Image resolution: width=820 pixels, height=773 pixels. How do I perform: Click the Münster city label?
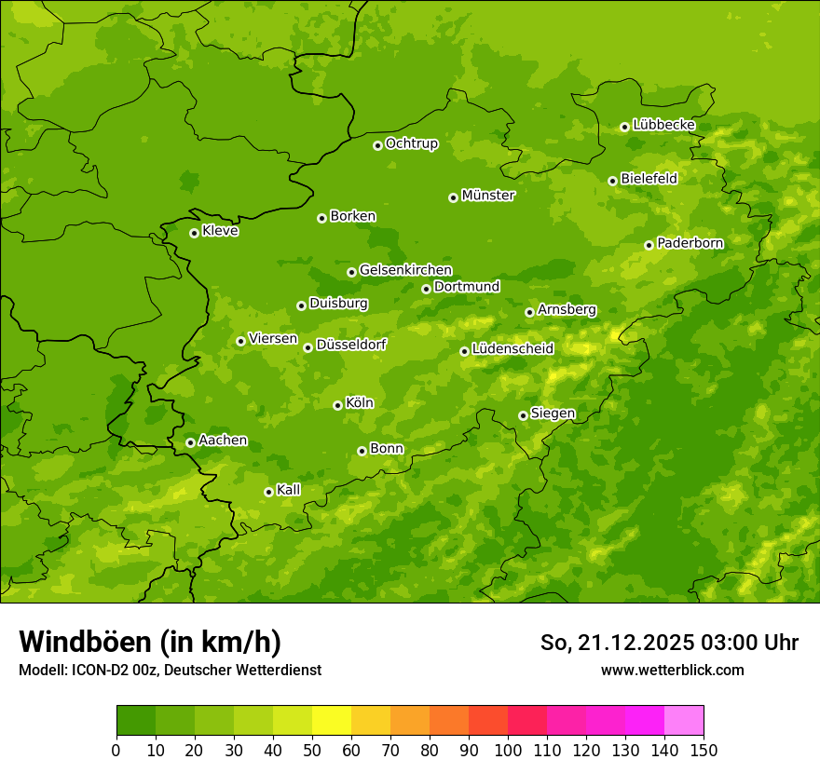(488, 196)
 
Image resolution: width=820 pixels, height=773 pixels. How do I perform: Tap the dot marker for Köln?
(337, 405)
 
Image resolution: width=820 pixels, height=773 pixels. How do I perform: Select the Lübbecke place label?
(663, 125)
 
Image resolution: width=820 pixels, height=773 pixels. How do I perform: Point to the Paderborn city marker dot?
(649, 245)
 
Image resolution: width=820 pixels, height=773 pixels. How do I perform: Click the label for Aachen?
(223, 441)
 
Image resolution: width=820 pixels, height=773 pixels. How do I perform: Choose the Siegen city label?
(553, 414)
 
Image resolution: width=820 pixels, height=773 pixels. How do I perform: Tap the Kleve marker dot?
(194, 233)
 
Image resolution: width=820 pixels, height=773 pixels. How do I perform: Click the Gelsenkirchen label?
(405, 270)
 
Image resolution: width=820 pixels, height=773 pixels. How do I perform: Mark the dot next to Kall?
(268, 492)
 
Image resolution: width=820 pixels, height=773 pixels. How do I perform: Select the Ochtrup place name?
(411, 143)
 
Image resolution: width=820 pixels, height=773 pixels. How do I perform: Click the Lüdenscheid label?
(512, 349)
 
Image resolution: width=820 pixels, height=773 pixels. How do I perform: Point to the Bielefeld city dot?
(612, 181)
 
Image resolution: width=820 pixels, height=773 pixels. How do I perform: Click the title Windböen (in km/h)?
(150, 642)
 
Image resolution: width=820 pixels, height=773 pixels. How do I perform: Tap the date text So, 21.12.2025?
(614, 643)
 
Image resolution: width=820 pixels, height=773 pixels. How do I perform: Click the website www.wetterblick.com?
(672, 670)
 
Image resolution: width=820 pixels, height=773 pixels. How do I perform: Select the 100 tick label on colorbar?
(508, 749)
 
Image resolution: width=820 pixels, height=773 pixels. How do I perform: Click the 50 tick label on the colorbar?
(312, 749)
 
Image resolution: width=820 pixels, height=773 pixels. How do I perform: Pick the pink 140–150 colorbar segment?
(684, 721)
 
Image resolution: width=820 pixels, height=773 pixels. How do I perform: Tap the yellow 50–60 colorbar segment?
(332, 721)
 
